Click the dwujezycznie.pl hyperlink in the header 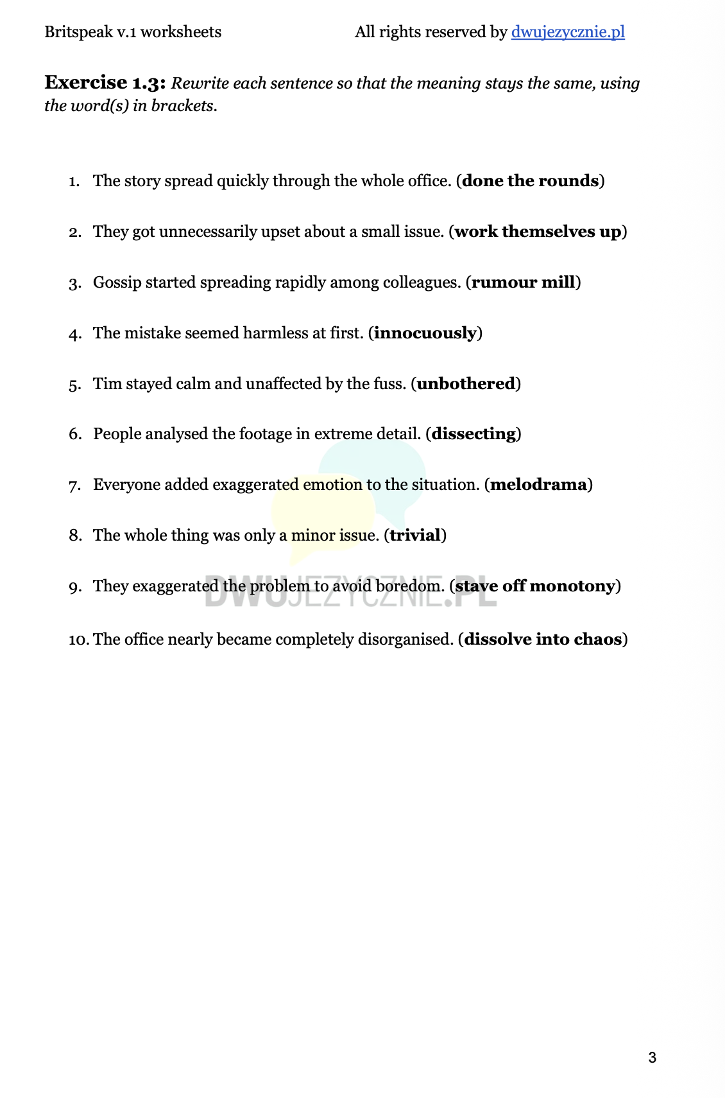click(x=568, y=32)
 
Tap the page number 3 click(x=652, y=1058)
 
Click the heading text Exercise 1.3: click(x=105, y=83)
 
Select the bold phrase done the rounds click(x=530, y=181)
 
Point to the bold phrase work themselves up click(x=538, y=232)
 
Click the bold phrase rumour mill click(x=523, y=283)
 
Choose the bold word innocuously click(x=425, y=333)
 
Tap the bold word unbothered click(x=466, y=384)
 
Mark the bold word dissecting click(x=473, y=434)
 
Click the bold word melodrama click(x=538, y=485)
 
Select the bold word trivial click(x=415, y=536)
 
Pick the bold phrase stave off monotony click(x=535, y=586)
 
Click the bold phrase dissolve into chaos click(x=543, y=640)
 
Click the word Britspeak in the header click(x=78, y=32)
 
